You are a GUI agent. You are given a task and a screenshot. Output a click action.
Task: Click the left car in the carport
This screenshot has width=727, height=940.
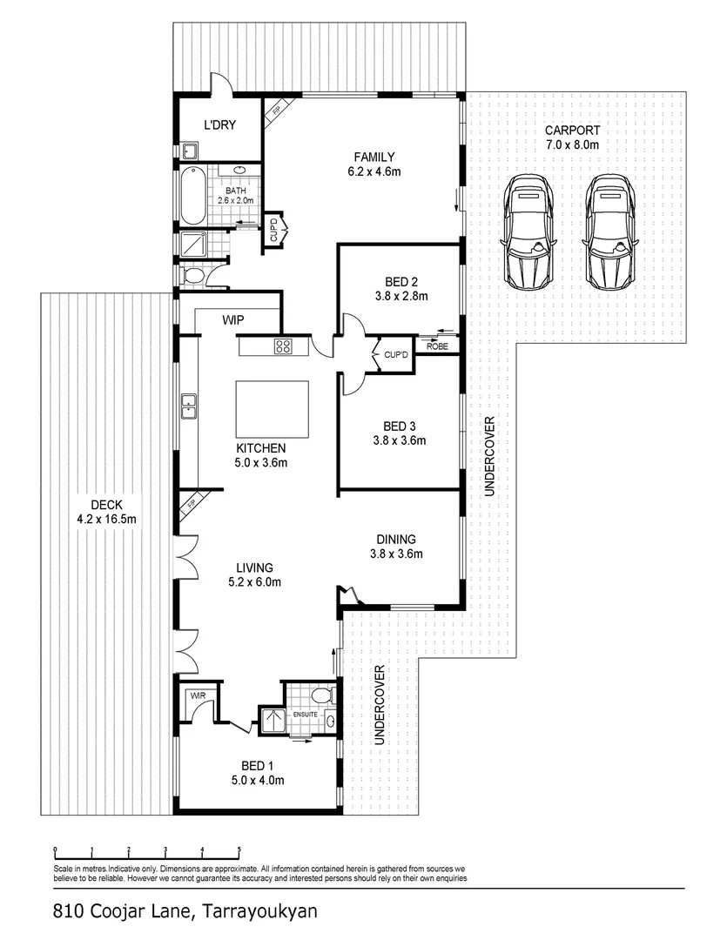coord(527,232)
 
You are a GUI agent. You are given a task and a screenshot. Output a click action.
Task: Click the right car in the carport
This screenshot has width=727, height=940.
coord(610,232)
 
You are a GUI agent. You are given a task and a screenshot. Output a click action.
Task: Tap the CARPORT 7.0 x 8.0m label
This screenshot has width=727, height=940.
coord(571,138)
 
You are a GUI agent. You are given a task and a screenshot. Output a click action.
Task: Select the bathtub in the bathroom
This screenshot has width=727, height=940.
coord(193,195)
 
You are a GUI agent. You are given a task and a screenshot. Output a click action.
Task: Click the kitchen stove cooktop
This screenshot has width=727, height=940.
coord(284,346)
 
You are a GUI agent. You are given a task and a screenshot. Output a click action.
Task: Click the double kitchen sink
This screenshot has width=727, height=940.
coord(187,406)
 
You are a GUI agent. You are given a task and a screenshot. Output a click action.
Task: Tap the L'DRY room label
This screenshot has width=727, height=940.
coord(219,125)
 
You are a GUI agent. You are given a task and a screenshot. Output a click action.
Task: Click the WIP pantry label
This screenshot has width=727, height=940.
coord(232,321)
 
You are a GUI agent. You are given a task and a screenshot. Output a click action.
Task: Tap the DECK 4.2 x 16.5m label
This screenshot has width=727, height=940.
coord(105,512)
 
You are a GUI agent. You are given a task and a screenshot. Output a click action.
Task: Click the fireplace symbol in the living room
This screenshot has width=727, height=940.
coord(192,503)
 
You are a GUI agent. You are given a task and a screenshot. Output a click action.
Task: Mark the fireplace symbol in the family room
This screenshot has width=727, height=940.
coord(275,111)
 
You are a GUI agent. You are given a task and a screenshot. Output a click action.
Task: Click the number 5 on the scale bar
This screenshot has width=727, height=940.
coord(239,849)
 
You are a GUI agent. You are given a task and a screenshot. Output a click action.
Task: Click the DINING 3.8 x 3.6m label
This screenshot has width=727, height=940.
coord(396,546)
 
